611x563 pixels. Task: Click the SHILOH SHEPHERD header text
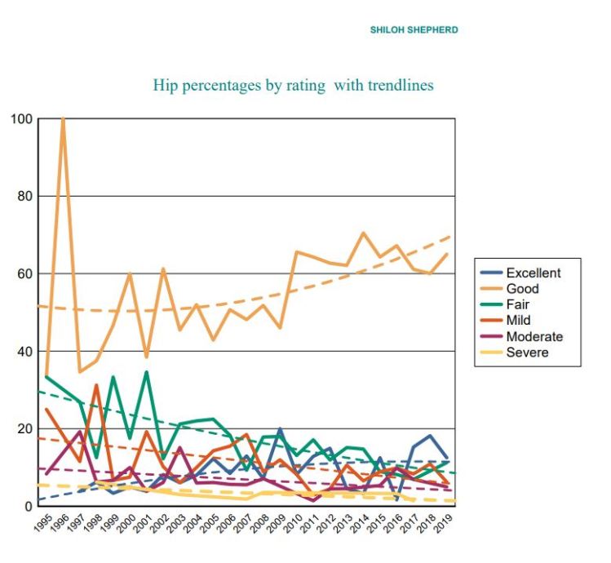tap(414, 30)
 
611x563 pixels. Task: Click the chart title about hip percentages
tap(293, 85)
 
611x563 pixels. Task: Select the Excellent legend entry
tap(533, 273)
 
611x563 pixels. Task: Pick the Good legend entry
tap(522, 289)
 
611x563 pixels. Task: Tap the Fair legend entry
tap(519, 304)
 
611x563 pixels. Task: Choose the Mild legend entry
tap(519, 320)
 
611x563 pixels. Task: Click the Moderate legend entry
tap(534, 336)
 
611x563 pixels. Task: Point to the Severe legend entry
tap(527, 352)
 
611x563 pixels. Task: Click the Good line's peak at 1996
tap(63, 119)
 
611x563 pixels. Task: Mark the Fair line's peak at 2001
tap(147, 372)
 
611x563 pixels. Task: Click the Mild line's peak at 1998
tap(96, 385)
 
